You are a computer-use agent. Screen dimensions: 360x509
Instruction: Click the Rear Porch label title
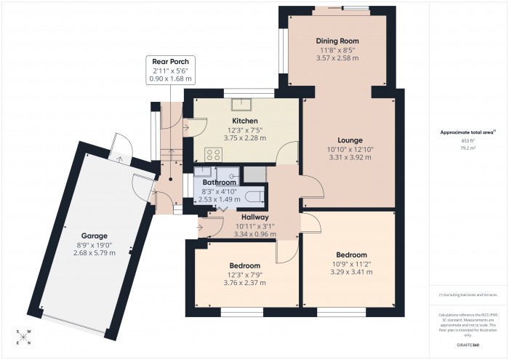(169, 62)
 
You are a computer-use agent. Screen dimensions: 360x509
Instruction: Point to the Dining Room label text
(337, 41)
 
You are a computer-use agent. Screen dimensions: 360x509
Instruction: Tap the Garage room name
(95, 236)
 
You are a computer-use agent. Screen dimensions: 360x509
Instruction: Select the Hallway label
(252, 217)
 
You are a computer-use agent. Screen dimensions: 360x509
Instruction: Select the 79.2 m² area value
(468, 148)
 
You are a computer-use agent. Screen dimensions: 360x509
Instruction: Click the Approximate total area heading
(467, 132)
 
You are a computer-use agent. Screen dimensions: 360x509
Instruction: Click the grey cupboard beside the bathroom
(255, 174)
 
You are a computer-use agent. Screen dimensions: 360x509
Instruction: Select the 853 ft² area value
(468, 140)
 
